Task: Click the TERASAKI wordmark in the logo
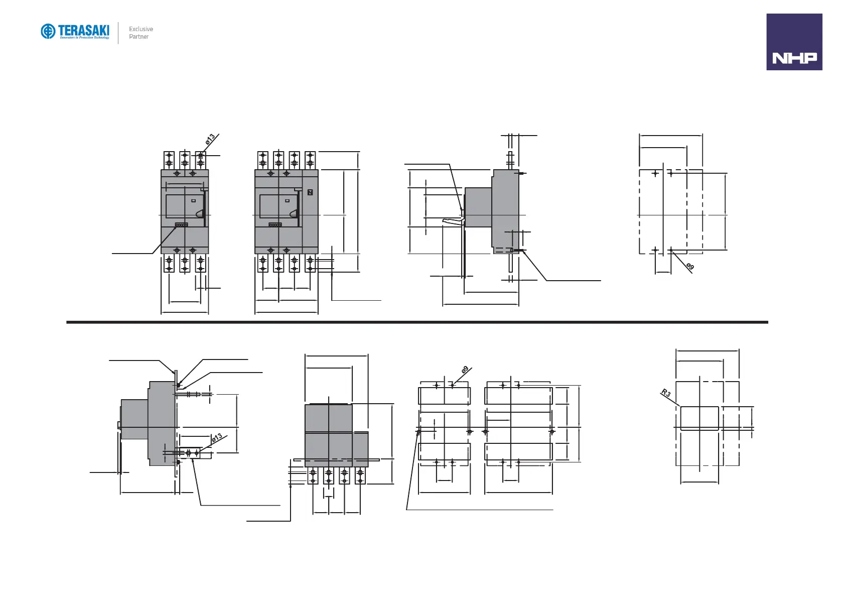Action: pyautogui.click(x=83, y=30)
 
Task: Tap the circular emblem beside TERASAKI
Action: pyautogui.click(x=48, y=31)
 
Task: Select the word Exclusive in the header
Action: pyautogui.click(x=141, y=29)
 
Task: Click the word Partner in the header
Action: pyautogui.click(x=138, y=37)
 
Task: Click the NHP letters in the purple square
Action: pyautogui.click(x=794, y=58)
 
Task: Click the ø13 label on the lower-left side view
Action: pyautogui.click(x=216, y=438)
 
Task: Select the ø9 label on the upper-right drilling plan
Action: pyautogui.click(x=690, y=267)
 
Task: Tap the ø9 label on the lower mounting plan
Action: pyautogui.click(x=465, y=370)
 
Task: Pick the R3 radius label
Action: pyautogui.click(x=666, y=393)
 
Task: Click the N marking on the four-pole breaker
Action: pyautogui.click(x=310, y=192)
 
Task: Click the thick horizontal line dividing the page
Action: pyautogui.click(x=416, y=322)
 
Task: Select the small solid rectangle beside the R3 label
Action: pyautogui.click(x=699, y=418)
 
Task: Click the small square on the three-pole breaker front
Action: pyautogui.click(x=193, y=200)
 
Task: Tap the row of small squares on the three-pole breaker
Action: pyautogui.click(x=181, y=225)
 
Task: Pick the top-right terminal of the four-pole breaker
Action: pyautogui.click(x=310, y=160)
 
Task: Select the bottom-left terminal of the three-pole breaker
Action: pyautogui.click(x=169, y=264)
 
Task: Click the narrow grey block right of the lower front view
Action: pyautogui.click(x=361, y=449)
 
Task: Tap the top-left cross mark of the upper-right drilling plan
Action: pyautogui.click(x=655, y=174)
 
